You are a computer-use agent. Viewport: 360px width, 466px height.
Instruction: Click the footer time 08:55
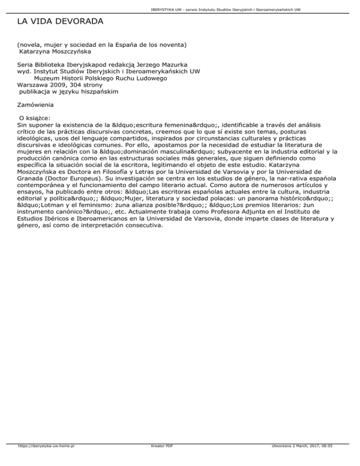pos(338,459)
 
